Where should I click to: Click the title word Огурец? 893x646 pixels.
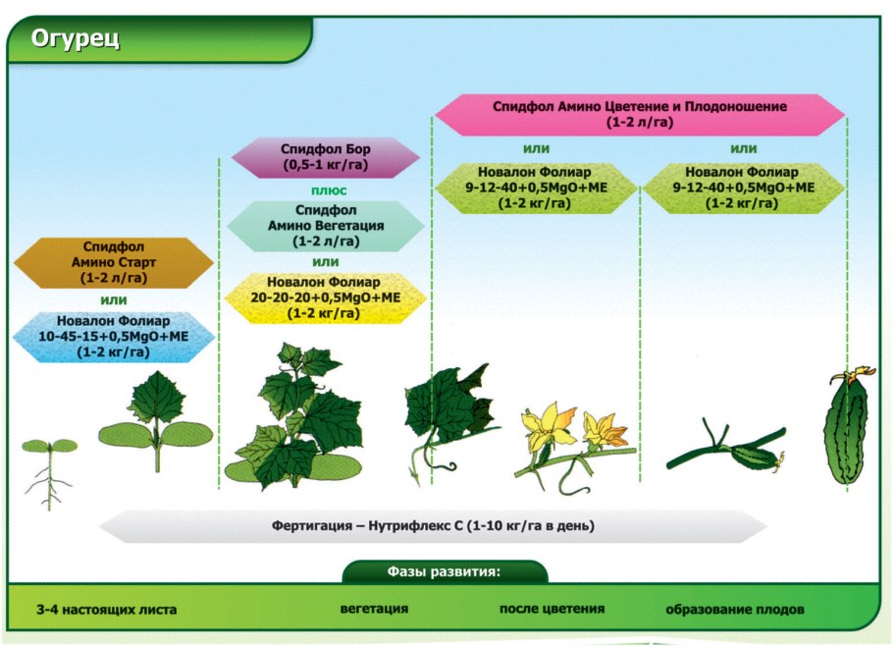pyautogui.click(x=76, y=39)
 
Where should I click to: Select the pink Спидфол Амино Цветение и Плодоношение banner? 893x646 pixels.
pyautogui.click(x=639, y=114)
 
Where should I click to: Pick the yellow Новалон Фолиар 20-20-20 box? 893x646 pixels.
pyautogui.click(x=325, y=297)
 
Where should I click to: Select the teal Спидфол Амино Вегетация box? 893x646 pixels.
pyautogui.click(x=325, y=225)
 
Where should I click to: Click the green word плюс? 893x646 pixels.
pyautogui.click(x=325, y=189)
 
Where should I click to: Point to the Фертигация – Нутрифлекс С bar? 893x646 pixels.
pyautogui.click(x=433, y=525)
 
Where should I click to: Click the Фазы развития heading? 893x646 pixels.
pyautogui.click(x=445, y=571)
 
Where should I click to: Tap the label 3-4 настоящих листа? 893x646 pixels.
pyautogui.click(x=106, y=610)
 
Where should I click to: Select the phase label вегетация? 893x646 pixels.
pyautogui.click(x=374, y=609)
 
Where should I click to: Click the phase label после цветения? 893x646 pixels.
pyautogui.click(x=552, y=609)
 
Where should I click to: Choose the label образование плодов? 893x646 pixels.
pyautogui.click(x=735, y=610)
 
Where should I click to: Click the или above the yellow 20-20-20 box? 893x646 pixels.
pyautogui.click(x=325, y=262)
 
